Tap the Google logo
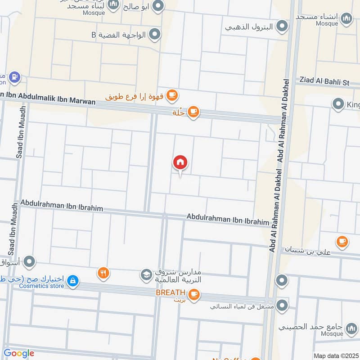click(x=18, y=353)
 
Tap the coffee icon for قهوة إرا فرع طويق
click(x=172, y=95)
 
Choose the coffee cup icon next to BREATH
click(x=194, y=295)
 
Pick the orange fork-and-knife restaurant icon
click(x=103, y=273)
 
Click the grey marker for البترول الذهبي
click(x=282, y=27)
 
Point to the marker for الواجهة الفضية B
click(x=155, y=34)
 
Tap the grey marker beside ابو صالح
click(x=158, y=6)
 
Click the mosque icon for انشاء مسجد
click(x=346, y=18)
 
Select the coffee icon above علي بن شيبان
click(x=342, y=241)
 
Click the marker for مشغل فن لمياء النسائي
click(x=282, y=306)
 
